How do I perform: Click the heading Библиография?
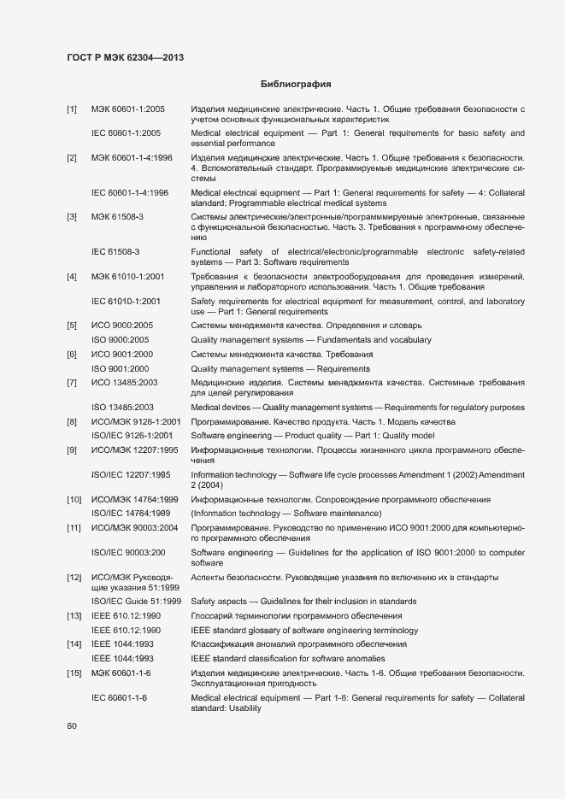coord(295,85)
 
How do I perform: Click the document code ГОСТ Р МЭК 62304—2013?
coord(126,57)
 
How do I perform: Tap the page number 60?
coord(72,726)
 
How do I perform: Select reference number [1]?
coord(72,110)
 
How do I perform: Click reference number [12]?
coord(73,579)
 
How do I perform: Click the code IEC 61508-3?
coord(115,252)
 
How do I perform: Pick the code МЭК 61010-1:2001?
coord(128,278)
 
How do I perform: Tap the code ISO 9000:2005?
coord(120,340)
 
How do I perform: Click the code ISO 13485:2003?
coord(122,408)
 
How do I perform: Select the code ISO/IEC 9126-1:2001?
coord(136,436)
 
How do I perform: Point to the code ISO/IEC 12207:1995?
coord(130,474)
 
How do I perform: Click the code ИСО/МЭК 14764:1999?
coord(134,499)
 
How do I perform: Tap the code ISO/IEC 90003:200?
coord(128,553)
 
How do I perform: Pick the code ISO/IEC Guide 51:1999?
coord(135,602)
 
